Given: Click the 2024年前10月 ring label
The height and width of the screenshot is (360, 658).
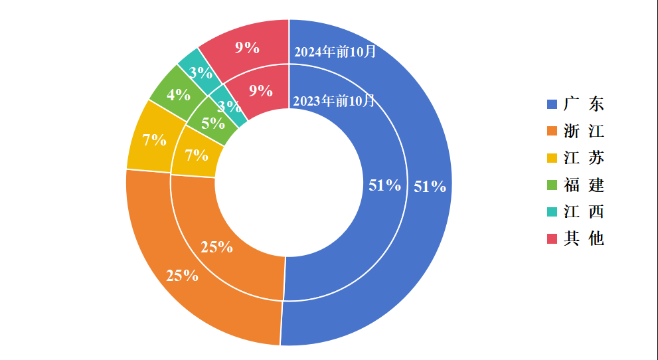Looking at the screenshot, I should [335, 52].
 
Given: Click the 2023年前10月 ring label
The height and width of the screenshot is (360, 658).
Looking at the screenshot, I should [334, 101].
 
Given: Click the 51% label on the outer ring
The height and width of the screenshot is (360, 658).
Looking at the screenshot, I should [430, 187].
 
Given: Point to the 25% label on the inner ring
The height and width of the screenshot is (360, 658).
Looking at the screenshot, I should [217, 248].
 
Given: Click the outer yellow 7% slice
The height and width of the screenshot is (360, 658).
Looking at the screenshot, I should [154, 140].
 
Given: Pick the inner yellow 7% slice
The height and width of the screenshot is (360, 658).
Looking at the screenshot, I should [197, 155].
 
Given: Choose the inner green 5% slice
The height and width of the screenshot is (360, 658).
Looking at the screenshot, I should [213, 123].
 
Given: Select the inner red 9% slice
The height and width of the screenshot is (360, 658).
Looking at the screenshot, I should [261, 91].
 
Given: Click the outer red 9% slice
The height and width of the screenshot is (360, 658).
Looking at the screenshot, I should [247, 47].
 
